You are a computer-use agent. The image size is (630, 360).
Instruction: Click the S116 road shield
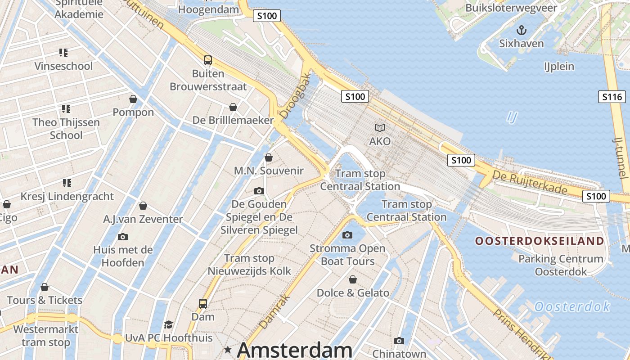click(612, 97)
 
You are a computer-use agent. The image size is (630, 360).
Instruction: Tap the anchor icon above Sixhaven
click(521, 31)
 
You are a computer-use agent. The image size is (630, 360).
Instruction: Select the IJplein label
click(559, 67)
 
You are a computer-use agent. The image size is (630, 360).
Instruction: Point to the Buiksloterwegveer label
click(511, 8)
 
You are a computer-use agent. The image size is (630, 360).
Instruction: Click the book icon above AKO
click(380, 128)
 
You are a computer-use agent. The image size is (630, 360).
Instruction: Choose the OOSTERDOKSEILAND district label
click(540, 241)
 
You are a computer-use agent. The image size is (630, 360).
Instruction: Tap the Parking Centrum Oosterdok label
click(561, 265)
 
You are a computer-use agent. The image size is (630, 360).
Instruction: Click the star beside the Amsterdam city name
click(228, 350)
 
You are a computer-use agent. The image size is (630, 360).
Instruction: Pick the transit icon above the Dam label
click(203, 304)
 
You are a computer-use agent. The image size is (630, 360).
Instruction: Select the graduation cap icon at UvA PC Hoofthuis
click(168, 324)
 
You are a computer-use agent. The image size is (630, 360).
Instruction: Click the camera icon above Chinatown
click(399, 341)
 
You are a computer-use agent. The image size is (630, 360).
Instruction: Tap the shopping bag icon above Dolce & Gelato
click(353, 279)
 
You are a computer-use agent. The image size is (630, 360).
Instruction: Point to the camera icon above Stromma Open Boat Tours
click(347, 235)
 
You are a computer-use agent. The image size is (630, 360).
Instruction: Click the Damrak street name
click(273, 311)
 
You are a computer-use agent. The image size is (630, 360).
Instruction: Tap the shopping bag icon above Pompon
click(133, 99)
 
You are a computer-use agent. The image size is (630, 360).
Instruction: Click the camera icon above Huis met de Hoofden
click(122, 237)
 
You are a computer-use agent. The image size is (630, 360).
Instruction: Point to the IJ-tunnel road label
click(620, 157)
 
